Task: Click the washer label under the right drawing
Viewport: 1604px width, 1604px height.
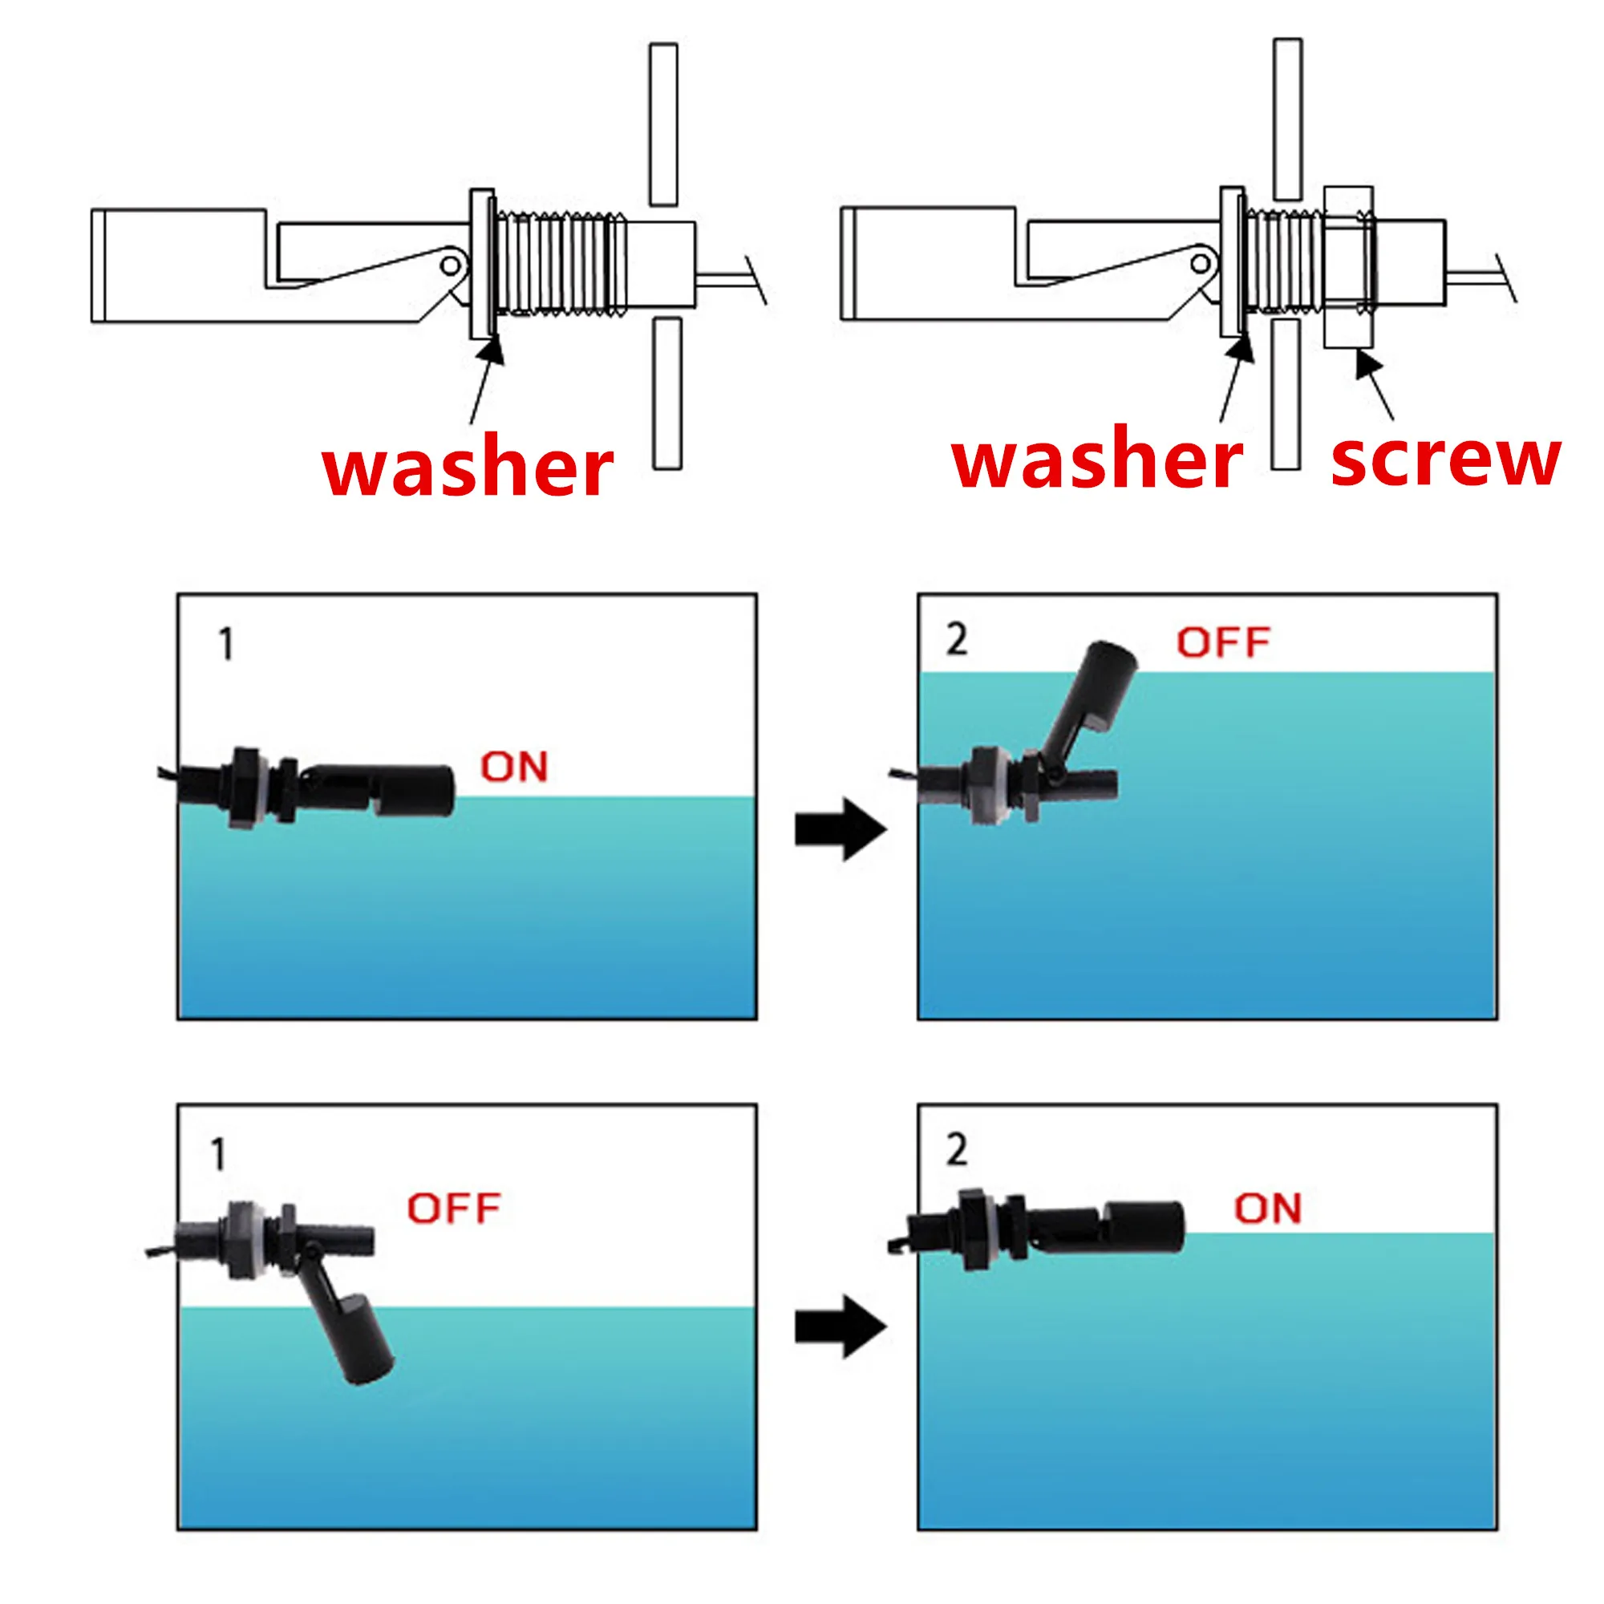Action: (x=1096, y=461)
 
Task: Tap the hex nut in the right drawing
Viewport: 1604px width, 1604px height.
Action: (x=1348, y=266)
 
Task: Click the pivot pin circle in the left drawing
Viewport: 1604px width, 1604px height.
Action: (x=450, y=266)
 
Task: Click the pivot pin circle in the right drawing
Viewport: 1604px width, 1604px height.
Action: (x=1201, y=265)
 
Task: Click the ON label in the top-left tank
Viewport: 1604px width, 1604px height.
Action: (x=514, y=768)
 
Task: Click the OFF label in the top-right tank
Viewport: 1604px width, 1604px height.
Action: (x=1223, y=643)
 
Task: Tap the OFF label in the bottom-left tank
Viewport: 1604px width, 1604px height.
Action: (x=453, y=1209)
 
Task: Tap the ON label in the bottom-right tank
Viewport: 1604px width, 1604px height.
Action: (x=1267, y=1209)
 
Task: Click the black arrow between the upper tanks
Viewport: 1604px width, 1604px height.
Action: (x=840, y=828)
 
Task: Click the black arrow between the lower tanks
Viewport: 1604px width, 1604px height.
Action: (x=840, y=1326)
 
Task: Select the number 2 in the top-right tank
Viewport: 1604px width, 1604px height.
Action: (x=957, y=640)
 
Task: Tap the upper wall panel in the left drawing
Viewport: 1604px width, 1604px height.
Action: (x=663, y=124)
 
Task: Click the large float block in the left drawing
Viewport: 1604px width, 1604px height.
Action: (x=179, y=265)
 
